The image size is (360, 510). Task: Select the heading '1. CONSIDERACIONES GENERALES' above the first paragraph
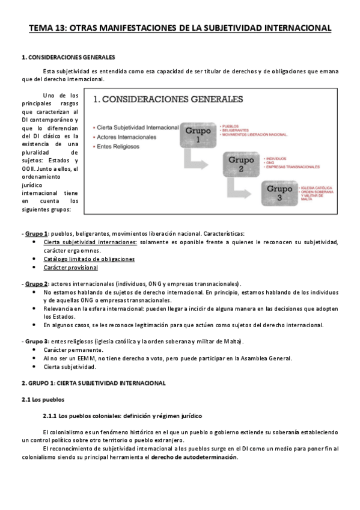[x=68, y=58]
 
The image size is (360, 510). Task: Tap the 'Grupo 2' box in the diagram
[x=240, y=164]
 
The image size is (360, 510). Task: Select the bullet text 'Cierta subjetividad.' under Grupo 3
[x=69, y=366]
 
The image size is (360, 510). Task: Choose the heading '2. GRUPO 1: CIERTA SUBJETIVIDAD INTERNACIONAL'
[x=93, y=382]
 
